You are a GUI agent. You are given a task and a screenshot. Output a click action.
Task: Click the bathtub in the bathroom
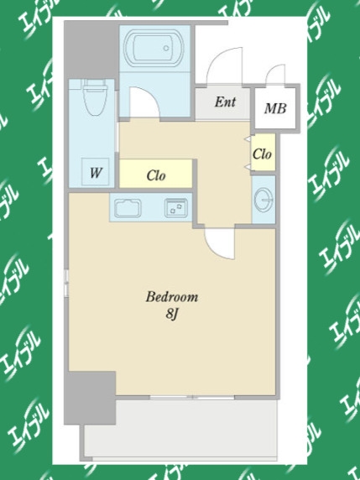click(x=154, y=48)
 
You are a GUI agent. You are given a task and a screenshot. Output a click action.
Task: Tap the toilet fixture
click(x=95, y=97)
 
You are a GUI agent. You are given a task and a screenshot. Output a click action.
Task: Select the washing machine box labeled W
click(x=95, y=172)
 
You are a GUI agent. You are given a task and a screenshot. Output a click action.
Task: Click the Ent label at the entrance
click(x=225, y=102)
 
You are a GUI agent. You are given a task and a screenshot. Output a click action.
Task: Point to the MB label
click(x=275, y=108)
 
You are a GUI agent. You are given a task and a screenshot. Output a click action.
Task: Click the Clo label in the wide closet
click(x=156, y=175)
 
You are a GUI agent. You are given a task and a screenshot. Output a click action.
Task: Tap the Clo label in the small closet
click(x=262, y=154)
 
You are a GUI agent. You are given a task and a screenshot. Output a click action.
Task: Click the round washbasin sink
click(x=263, y=200)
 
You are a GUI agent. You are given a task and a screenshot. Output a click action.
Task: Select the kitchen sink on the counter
click(x=128, y=208)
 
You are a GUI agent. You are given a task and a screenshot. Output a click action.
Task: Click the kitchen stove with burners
click(x=176, y=208)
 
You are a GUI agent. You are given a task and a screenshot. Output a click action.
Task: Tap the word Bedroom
click(x=172, y=297)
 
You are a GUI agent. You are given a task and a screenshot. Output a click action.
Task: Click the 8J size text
click(x=172, y=314)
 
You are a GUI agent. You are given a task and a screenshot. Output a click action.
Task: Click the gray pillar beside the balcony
click(x=90, y=398)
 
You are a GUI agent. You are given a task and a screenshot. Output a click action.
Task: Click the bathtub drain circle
click(x=166, y=48)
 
